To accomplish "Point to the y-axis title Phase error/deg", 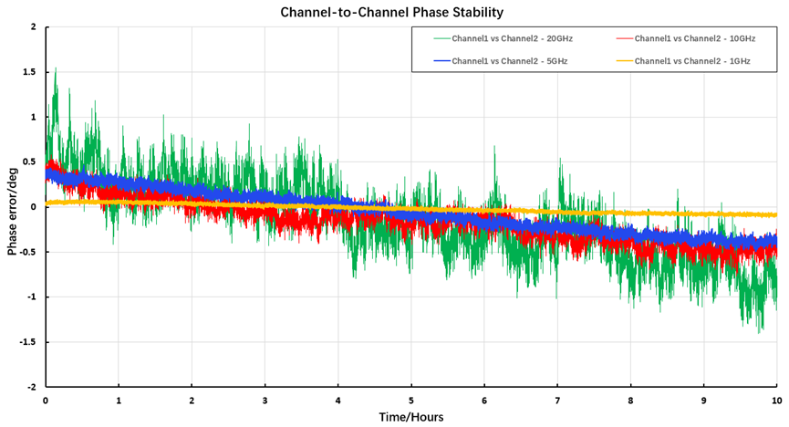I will tap(13, 206).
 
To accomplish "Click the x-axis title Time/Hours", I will tap(410, 417).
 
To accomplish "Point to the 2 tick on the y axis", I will tap(33, 27).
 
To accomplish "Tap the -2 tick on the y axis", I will tap(31, 387).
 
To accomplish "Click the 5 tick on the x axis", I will tap(411, 401).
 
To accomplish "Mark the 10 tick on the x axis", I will tap(776, 401).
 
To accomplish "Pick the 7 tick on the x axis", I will tap(557, 401).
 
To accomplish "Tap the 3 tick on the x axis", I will tap(265, 401).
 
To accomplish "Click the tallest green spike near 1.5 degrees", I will tap(56, 68).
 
